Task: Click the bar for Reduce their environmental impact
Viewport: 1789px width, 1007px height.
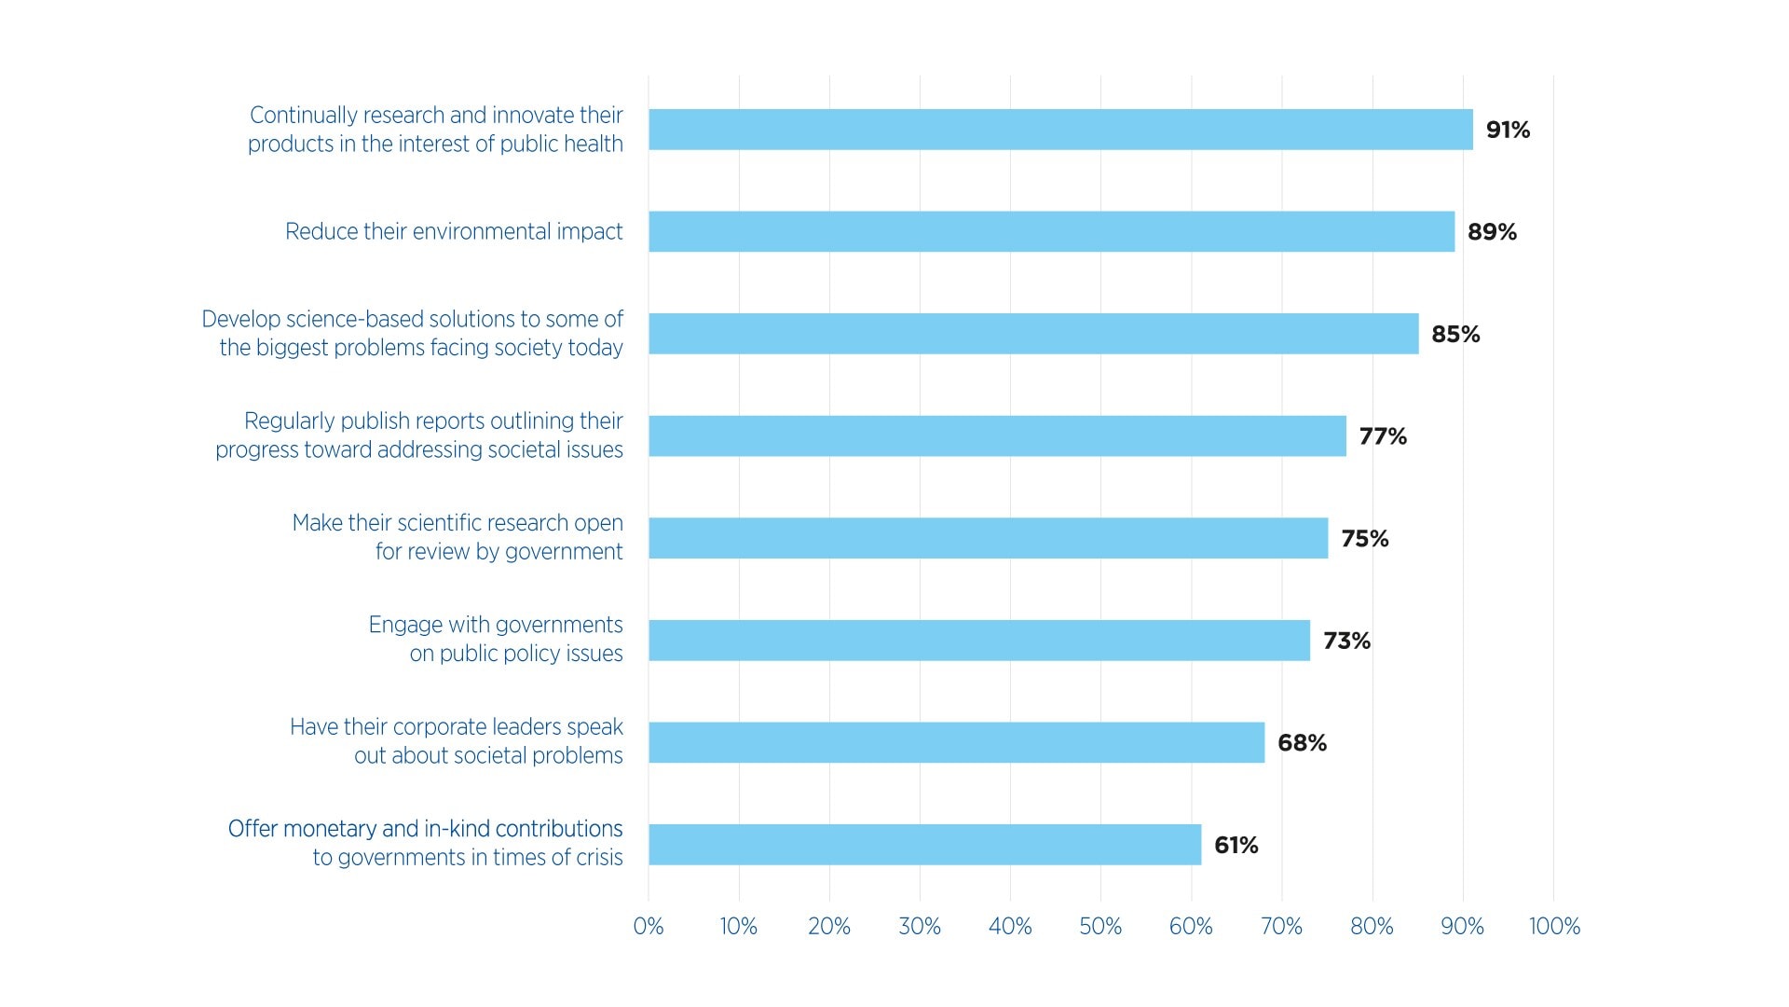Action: (x=1051, y=231)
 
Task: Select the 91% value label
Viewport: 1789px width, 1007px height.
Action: (x=1508, y=130)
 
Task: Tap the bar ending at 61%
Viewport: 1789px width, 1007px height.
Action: (x=924, y=845)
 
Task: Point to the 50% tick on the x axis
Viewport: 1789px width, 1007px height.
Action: (x=1100, y=926)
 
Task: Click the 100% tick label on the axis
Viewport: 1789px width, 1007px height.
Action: (x=1554, y=926)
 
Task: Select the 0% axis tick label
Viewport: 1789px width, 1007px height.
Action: (x=649, y=926)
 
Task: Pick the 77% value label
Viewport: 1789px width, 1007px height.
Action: (x=1383, y=436)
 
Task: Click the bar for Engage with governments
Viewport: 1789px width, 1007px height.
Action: (x=978, y=641)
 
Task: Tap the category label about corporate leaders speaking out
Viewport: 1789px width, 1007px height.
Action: (x=456, y=741)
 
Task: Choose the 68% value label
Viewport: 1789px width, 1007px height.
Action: (x=1302, y=743)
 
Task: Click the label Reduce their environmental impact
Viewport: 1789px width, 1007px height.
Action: (x=454, y=231)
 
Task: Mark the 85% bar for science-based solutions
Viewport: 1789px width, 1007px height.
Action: (x=1033, y=334)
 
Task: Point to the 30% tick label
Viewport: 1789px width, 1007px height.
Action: (x=920, y=926)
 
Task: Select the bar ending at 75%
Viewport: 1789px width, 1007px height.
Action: (x=988, y=538)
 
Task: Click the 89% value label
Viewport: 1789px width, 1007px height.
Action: (x=1492, y=232)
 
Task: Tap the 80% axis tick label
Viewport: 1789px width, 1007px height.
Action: (x=1372, y=926)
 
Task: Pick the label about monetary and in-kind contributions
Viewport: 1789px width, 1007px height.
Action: (x=425, y=843)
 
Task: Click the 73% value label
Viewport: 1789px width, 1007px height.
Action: (x=1346, y=641)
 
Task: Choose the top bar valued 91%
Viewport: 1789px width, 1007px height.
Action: (x=1060, y=130)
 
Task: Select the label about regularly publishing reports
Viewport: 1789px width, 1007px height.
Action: (x=419, y=435)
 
